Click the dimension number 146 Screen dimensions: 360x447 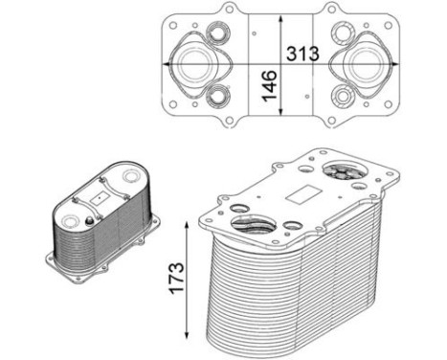pyautogui.click(x=271, y=87)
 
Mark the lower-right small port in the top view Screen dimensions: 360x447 pyautogui.click(x=343, y=97)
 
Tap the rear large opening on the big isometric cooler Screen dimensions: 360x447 pyautogui.click(x=342, y=172)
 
